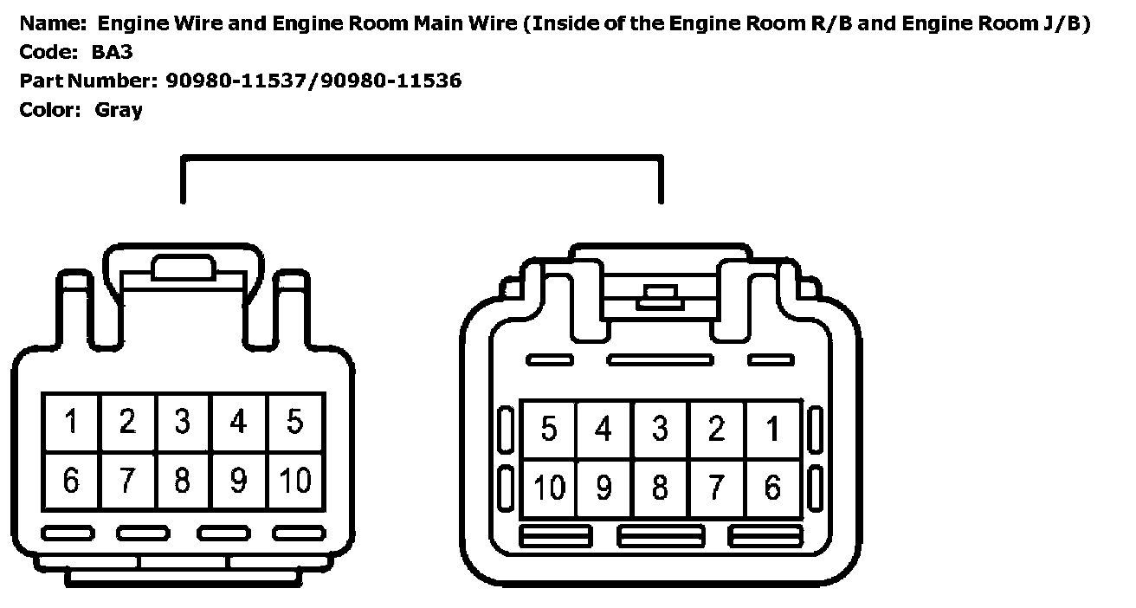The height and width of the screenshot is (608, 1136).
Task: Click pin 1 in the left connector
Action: pyautogui.click(x=71, y=423)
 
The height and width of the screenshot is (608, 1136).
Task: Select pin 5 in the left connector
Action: pyautogui.click(x=295, y=423)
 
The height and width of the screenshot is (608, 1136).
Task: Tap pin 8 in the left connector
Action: pyautogui.click(x=183, y=480)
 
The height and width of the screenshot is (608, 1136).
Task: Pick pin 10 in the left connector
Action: pyautogui.click(x=295, y=480)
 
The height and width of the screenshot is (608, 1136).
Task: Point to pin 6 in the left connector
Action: pyautogui.click(x=71, y=480)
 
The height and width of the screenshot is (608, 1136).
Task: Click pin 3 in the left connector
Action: pyautogui.click(x=183, y=423)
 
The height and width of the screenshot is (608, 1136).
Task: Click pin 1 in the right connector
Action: pyautogui.click(x=772, y=430)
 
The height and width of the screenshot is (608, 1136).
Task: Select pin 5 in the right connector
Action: pyautogui.click(x=548, y=430)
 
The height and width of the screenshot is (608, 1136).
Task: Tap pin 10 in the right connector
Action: pyautogui.click(x=548, y=488)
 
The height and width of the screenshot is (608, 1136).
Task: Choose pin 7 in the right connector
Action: pyautogui.click(x=716, y=488)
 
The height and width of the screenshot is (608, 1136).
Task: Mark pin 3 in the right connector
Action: pyautogui.click(x=660, y=430)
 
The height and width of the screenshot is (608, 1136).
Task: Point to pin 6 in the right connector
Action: pyautogui.click(x=772, y=488)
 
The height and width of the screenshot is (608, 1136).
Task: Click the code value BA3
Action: pyautogui.click(x=112, y=52)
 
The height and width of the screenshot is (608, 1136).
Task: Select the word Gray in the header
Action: pyautogui.click(x=119, y=110)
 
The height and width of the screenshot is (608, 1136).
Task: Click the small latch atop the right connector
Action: pyautogui.click(x=660, y=299)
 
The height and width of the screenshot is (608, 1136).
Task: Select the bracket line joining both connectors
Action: pyautogui.click(x=422, y=158)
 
